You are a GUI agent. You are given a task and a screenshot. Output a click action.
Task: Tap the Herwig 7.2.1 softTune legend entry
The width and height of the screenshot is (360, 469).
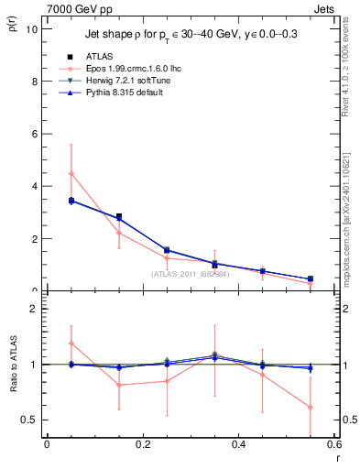pos(119,81)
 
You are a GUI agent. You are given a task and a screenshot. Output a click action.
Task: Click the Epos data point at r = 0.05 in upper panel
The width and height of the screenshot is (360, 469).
pos(71,173)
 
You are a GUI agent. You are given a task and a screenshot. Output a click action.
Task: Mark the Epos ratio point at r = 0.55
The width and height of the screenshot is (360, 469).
pos(311,407)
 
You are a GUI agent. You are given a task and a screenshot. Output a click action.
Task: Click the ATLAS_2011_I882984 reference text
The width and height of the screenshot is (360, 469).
pos(191,273)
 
